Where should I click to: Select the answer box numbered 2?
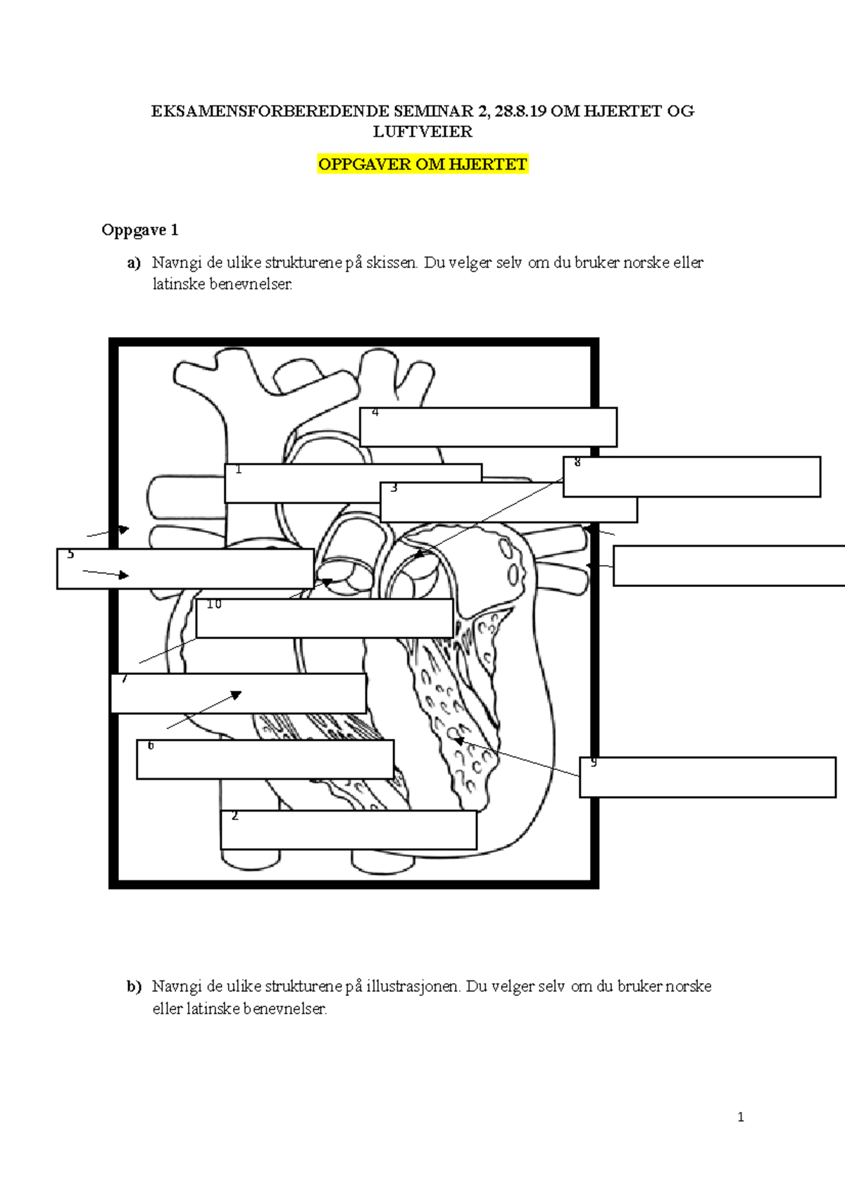pos(349,830)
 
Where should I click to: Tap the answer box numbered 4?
pos(488,426)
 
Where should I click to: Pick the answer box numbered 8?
pos(691,476)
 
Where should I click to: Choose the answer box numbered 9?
pos(708,777)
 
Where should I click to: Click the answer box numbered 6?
pos(265,759)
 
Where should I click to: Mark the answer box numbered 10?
pos(324,618)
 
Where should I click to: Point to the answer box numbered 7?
pos(238,693)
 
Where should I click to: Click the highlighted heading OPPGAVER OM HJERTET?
pos(423,165)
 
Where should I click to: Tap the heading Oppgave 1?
pos(139,230)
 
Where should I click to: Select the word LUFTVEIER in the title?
pos(423,132)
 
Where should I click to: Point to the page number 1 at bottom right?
pos(740,1117)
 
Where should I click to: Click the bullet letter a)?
pos(134,263)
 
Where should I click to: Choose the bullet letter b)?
pos(134,987)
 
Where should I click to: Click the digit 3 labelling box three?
pos(394,488)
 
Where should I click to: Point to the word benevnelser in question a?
pos(251,284)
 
